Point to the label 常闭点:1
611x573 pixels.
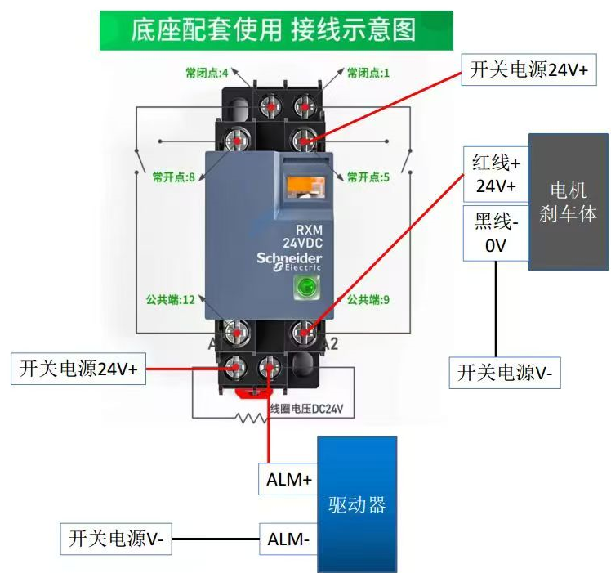368,73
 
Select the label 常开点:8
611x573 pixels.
173,177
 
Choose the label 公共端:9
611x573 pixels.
368,300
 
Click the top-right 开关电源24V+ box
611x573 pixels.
528,70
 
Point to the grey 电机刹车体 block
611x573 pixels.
568,202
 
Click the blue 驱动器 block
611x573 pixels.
356,504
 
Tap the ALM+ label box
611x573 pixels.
288,480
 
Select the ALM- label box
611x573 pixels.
288,539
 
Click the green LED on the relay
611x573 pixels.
309,286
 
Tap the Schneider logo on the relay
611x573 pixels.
289,258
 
